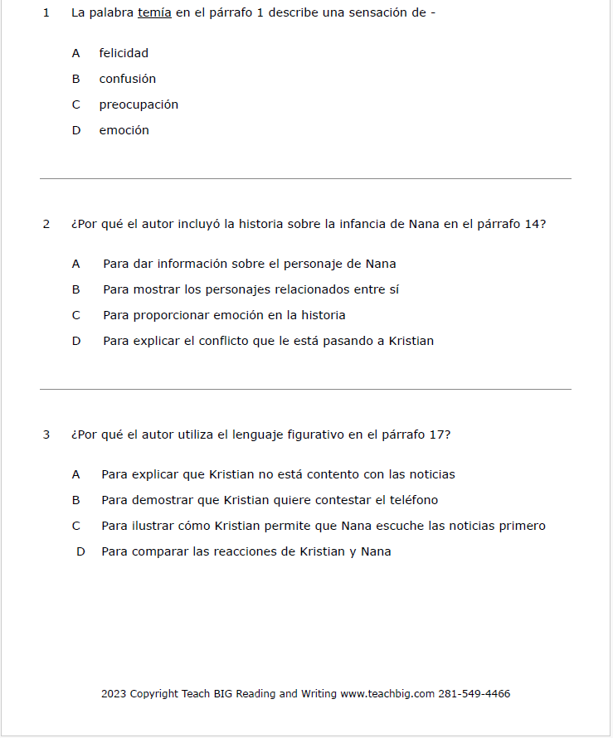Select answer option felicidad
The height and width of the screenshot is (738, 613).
point(124,53)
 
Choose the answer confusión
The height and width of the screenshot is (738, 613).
point(128,79)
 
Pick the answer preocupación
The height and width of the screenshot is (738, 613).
point(139,104)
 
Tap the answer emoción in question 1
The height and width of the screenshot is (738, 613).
point(124,130)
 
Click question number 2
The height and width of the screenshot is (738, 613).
point(46,224)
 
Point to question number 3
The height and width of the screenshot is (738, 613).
point(46,435)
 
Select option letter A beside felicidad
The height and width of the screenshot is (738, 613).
point(76,53)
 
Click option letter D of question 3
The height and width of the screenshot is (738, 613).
point(81,551)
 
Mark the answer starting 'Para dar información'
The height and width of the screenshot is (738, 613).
point(250,264)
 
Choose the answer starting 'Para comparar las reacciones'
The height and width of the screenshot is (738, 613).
point(246,551)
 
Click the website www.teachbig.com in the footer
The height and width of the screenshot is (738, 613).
point(387,694)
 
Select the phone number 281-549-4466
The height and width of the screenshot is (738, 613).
point(474,694)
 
